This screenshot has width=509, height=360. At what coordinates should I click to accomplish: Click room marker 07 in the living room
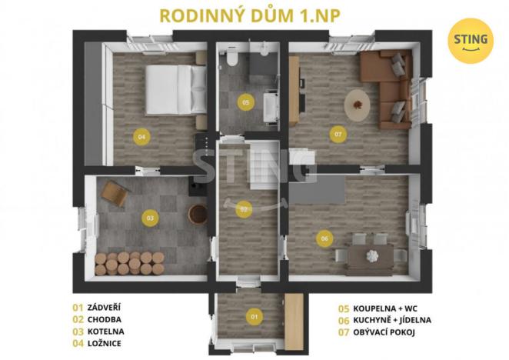tap(338, 134)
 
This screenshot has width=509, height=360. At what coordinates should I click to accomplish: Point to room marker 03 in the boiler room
tap(150, 218)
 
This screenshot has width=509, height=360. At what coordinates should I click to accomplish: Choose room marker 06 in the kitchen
tap(324, 239)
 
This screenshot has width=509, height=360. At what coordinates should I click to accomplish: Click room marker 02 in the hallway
tap(244, 208)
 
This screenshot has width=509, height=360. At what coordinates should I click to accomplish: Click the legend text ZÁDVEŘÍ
tap(105, 307)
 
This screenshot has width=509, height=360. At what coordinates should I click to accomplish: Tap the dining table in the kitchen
tap(368, 253)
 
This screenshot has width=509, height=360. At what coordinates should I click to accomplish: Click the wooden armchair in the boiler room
tap(114, 193)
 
